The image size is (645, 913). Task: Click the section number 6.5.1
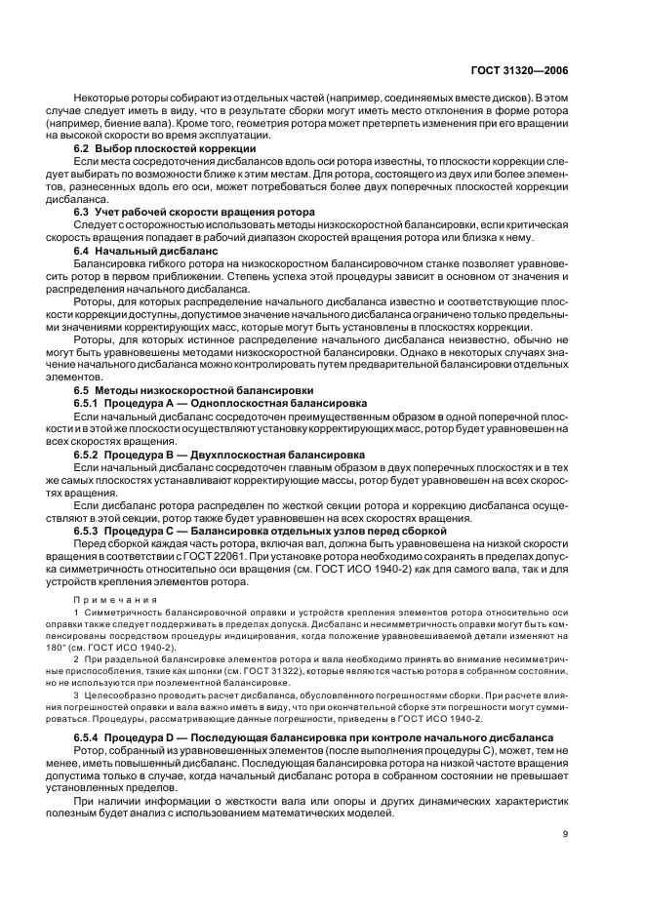(x=91, y=402)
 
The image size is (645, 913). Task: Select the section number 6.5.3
(x=91, y=531)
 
